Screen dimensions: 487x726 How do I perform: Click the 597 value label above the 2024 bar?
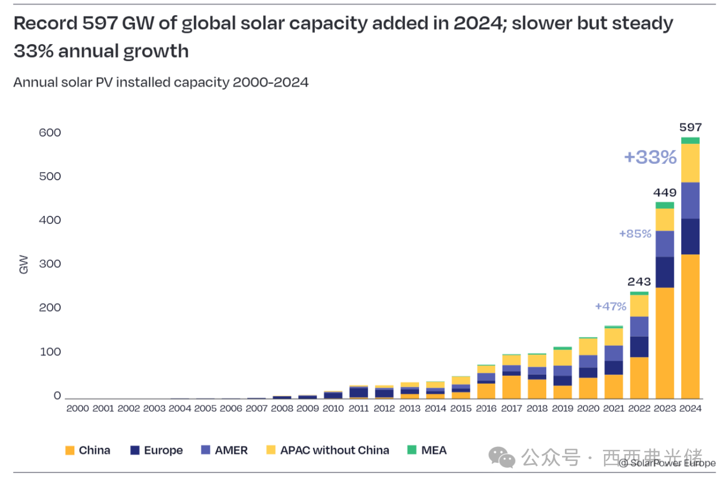[x=690, y=128]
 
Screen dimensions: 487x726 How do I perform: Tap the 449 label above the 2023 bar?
[x=665, y=193]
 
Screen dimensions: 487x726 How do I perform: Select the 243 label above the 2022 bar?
[x=639, y=282]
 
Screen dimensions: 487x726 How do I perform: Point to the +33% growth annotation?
[x=650, y=157]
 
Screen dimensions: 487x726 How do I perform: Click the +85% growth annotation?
[x=635, y=233]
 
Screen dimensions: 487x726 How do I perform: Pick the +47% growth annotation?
[x=611, y=307]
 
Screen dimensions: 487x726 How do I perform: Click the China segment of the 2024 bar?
[x=690, y=326]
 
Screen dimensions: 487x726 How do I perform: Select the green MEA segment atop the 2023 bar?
[x=665, y=205]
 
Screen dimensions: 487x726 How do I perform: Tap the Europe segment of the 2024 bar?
[x=690, y=236]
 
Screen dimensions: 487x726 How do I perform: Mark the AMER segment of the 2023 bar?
[x=665, y=244]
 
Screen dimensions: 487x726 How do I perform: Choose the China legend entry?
[x=88, y=451]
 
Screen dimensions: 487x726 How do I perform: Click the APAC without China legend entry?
[x=327, y=451]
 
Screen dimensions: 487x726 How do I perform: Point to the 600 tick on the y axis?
[x=49, y=133]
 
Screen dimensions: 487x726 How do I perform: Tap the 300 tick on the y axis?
[x=49, y=264]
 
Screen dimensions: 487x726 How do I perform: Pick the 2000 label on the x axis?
[x=78, y=408]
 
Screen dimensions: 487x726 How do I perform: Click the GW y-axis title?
[x=24, y=265]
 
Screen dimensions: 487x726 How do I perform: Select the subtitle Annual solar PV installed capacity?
[x=161, y=82]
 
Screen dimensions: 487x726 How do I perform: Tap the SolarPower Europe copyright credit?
[x=667, y=463]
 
